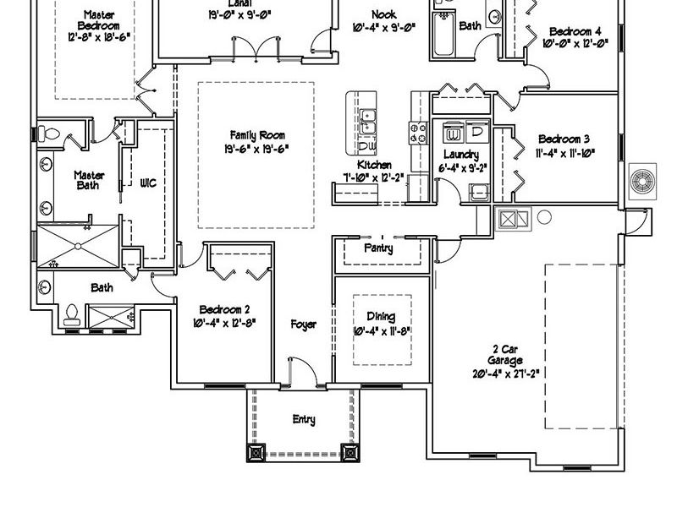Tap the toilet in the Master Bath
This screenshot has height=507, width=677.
click(48, 133)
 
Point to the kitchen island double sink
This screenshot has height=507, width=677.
click(368, 123)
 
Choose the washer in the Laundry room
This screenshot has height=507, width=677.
click(454, 133)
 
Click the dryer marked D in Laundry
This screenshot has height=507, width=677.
click(476, 133)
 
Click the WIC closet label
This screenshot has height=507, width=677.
click(148, 183)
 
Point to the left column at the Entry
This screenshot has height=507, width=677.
click(256, 452)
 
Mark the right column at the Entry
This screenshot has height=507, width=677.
click(349, 452)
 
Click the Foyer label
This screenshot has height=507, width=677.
click(304, 324)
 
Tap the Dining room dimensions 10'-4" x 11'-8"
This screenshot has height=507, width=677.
click(381, 331)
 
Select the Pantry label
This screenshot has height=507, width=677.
click(378, 249)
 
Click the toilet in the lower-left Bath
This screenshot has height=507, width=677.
click(73, 313)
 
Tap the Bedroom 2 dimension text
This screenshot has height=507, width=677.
click(223, 322)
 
